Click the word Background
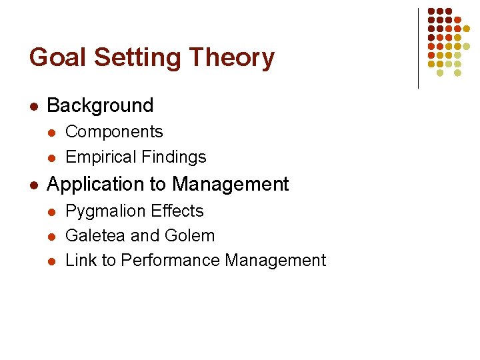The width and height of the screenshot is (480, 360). point(101,105)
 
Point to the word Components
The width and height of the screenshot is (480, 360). point(114,132)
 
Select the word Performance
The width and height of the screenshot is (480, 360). point(169,260)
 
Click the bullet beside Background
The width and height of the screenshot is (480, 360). point(34,106)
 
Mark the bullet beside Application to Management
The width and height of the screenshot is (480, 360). point(34,185)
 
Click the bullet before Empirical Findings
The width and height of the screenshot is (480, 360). point(53,157)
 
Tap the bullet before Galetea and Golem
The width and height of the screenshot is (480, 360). point(53,236)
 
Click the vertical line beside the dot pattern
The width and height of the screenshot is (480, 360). point(418,48)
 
